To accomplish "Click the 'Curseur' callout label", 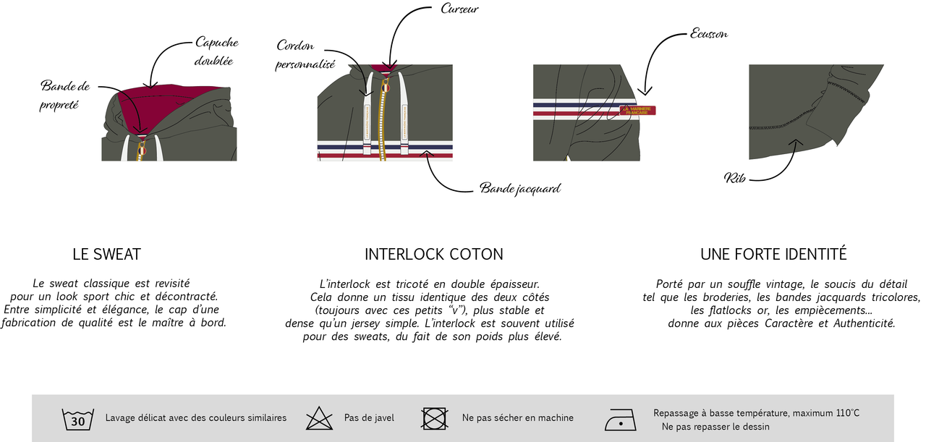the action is (459, 9).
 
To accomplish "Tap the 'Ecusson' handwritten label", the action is (709, 34).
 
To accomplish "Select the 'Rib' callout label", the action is (734, 178).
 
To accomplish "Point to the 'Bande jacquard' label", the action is (520, 189).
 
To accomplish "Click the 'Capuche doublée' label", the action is (216, 51).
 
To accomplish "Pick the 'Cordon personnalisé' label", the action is (305, 54).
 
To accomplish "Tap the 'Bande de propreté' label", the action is (65, 95).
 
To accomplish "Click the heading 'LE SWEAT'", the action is (106, 255).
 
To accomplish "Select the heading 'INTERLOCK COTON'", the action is (433, 255).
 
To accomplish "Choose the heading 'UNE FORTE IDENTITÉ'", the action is (773, 254).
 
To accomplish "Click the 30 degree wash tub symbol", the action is (77, 420).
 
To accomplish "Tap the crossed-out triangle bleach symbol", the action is (319, 418).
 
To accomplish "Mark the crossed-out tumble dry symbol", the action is (435, 418).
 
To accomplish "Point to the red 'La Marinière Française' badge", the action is (637, 111).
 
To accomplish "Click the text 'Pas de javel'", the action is (369, 418).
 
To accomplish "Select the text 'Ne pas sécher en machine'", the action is (517, 418).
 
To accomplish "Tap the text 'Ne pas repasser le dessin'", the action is (715, 427).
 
